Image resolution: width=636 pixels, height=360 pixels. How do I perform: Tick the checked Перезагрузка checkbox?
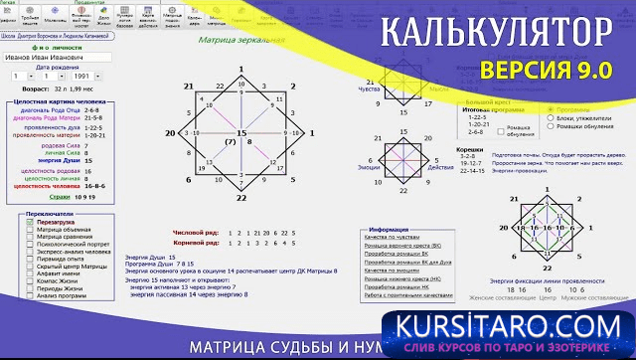coord(31,222)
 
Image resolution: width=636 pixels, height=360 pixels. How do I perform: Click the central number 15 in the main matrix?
coord(239,132)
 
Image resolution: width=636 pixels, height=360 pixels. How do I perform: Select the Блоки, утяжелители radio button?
coord(552,117)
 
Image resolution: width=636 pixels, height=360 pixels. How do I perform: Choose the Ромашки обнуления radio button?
coord(552,126)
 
